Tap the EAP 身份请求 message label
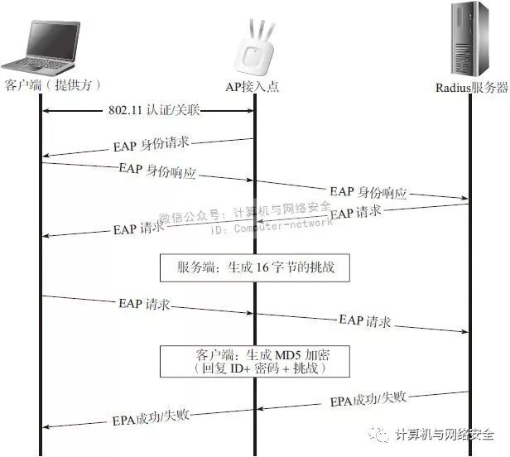pyautogui.click(x=151, y=143)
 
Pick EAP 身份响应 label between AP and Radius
pyautogui.click(x=368, y=192)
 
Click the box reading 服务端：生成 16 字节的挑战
pyautogui.click(x=256, y=268)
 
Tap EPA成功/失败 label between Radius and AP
pyautogui.click(x=368, y=399)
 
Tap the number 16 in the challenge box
pyautogui.click(x=264, y=268)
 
